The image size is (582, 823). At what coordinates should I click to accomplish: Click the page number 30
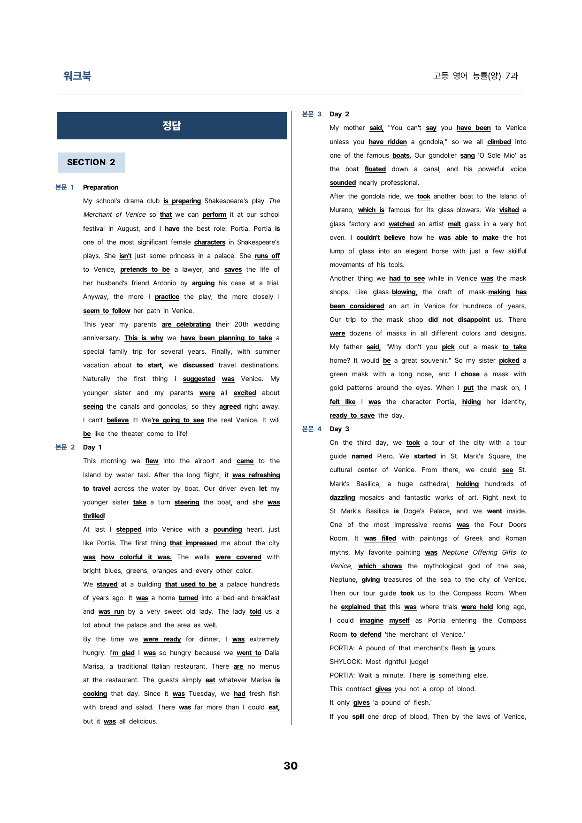[x=291, y=766]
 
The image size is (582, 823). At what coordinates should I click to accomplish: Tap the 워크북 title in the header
[x=77, y=76]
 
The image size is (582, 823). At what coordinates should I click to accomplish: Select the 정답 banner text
[x=171, y=126]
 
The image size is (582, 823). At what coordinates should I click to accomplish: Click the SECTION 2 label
[x=91, y=162]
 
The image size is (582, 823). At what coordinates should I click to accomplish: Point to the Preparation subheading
[x=100, y=187]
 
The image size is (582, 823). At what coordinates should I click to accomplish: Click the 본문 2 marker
[x=65, y=447]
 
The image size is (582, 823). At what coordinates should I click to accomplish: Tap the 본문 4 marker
[x=312, y=429]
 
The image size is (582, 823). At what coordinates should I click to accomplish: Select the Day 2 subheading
[x=339, y=114]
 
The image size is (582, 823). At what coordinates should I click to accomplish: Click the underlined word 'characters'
[x=210, y=242]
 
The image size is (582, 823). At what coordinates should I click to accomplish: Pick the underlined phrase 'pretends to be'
[x=145, y=269]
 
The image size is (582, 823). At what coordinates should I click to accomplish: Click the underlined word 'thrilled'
[x=93, y=516]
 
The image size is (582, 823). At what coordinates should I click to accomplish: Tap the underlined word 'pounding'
[x=228, y=529]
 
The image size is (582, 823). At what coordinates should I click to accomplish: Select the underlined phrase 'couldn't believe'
[x=381, y=237]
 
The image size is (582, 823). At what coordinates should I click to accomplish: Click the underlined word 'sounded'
[x=343, y=183]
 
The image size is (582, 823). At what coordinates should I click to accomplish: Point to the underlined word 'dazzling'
[x=342, y=497]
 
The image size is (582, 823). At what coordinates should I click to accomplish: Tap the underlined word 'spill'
[x=358, y=716]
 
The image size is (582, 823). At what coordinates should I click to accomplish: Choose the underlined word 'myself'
[x=399, y=620]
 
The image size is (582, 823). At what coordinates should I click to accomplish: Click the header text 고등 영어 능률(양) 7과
[x=475, y=76]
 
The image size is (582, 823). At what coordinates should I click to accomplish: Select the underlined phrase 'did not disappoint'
[x=459, y=320]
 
